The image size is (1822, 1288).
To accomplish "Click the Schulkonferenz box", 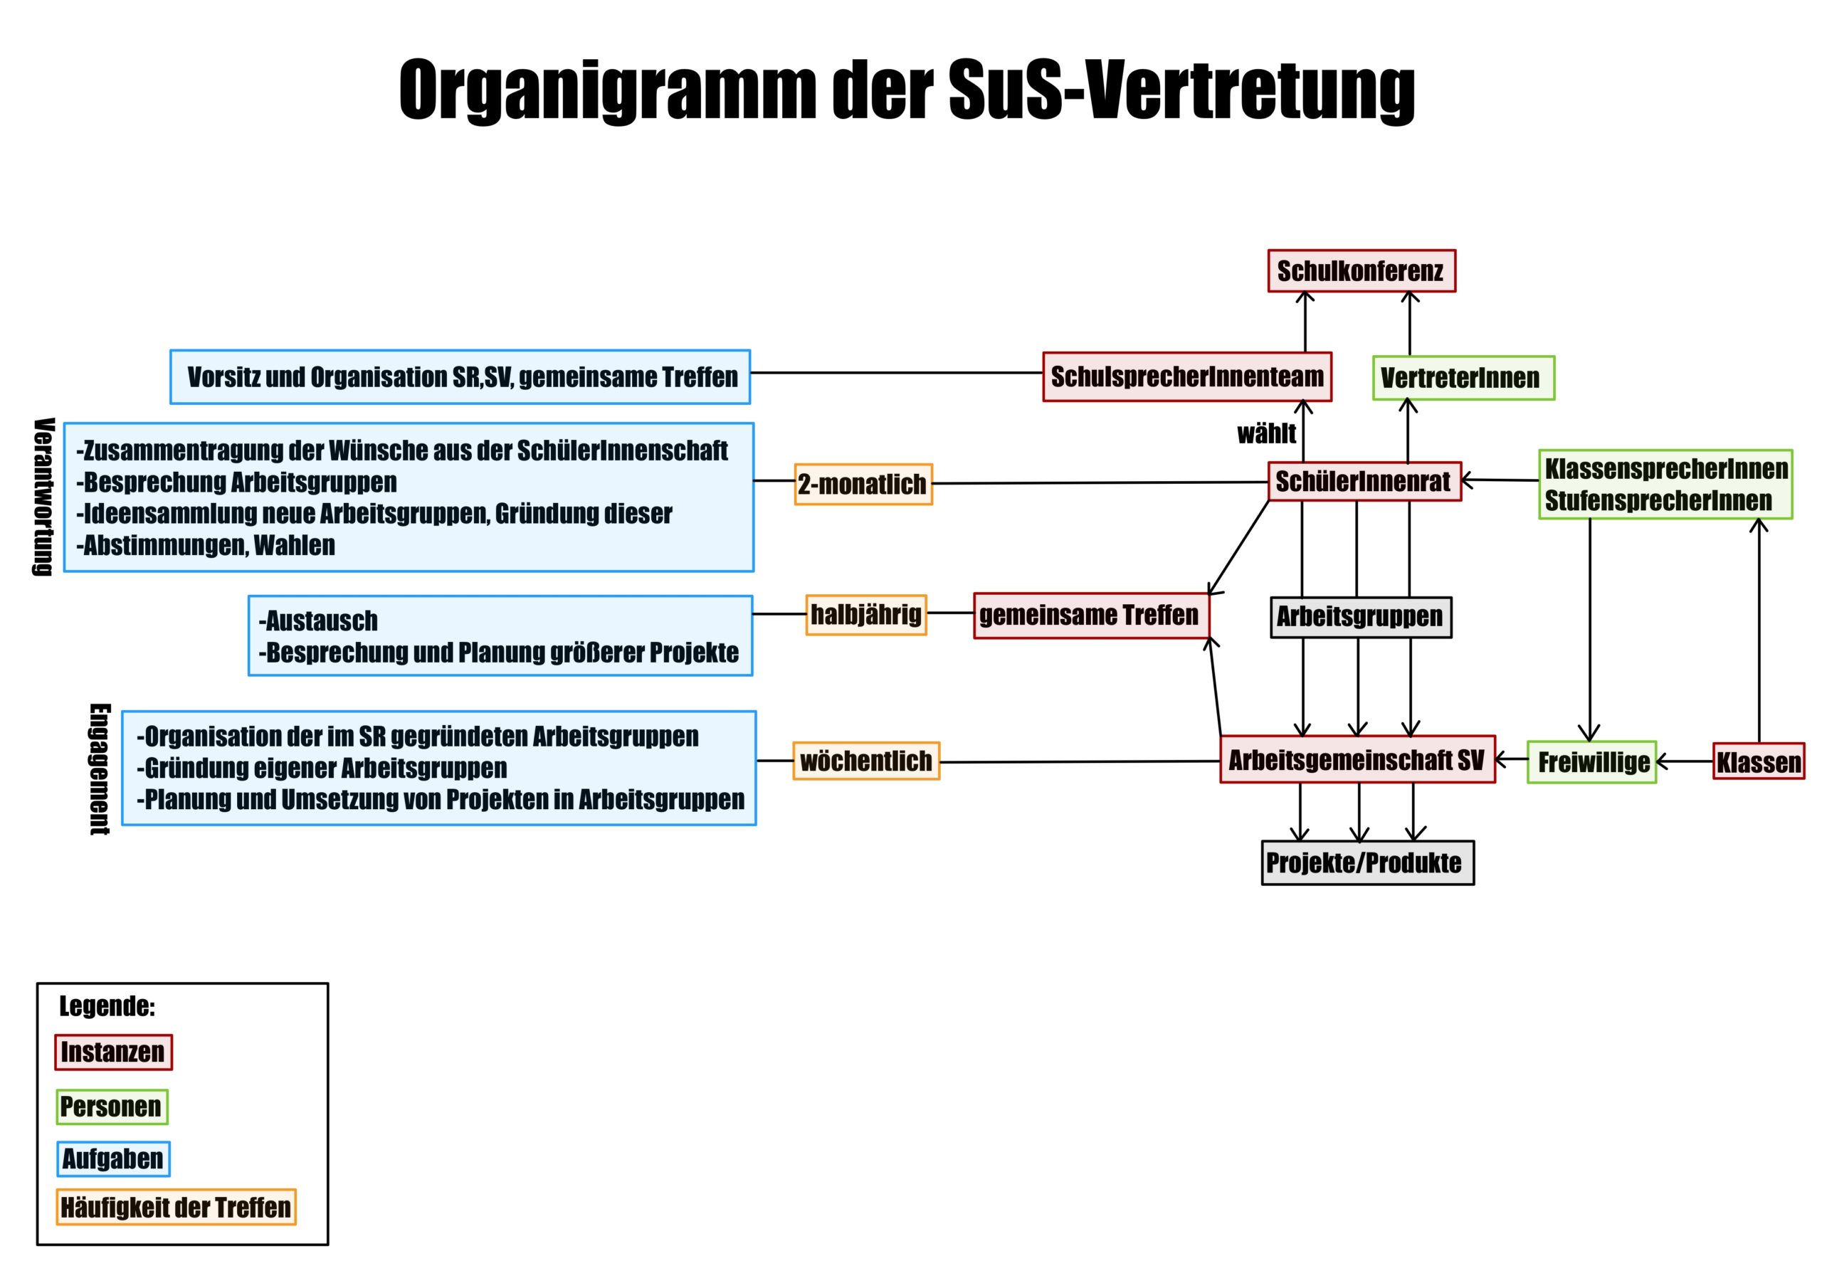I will pos(1361,271).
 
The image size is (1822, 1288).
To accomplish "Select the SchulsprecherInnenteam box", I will pos(1186,377).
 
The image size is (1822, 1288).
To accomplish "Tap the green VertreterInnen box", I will pos(1463,378).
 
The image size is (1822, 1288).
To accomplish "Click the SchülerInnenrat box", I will pos(1364,482).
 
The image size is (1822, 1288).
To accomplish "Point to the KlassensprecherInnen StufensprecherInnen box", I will pos(1665,484).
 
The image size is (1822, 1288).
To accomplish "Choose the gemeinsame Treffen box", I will pos(1090,615).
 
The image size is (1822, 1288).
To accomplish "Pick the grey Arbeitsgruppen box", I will pos(1360,617).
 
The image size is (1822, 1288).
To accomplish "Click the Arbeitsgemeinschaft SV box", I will pos(1357,760).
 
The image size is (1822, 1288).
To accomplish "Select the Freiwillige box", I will pos(1591,762).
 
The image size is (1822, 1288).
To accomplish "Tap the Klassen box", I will pos(1759,762).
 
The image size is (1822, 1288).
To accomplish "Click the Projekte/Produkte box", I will pos(1366,862).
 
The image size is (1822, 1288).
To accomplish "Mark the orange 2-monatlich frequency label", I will pos(863,484).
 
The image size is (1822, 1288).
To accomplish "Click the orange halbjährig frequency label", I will pos(865,614).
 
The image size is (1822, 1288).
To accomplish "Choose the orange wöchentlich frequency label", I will pos(865,761).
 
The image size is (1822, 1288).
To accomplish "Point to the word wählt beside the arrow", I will pos(1265,434).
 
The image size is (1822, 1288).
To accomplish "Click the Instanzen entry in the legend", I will pos(112,1052).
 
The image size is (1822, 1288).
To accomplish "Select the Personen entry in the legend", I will pos(111,1107).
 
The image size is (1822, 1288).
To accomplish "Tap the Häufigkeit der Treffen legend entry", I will pos(175,1207).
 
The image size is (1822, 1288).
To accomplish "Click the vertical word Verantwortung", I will pos(43,496).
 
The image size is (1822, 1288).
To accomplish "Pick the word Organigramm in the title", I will pos(607,89).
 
